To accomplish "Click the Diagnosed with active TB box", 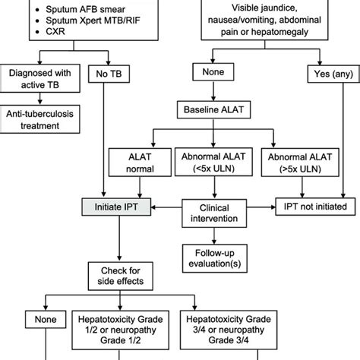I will [41, 80].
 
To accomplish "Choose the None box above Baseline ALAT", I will [210, 74].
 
